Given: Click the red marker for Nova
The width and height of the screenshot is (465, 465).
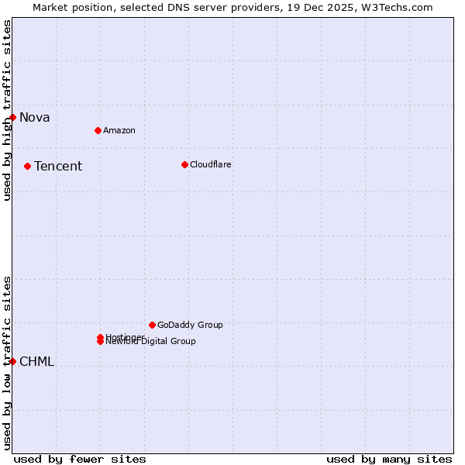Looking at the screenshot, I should pos(13,117).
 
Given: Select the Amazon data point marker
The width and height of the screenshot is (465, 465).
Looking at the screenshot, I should pos(98,130).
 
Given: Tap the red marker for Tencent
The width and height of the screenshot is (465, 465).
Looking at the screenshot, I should pos(28,166).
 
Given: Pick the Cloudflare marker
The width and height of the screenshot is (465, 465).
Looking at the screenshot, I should pos(184,164).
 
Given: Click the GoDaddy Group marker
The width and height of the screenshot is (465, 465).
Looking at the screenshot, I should pos(152,325).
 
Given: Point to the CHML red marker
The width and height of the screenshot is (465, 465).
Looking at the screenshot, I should pos(13,361).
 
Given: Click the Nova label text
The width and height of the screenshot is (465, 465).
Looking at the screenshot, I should pos(35,118).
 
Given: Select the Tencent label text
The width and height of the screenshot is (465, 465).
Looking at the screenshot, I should pos(58,167).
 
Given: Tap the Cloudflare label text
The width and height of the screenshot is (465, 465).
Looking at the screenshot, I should pos(211,164).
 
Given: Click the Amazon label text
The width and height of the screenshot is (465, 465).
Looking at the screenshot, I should pos(119,130).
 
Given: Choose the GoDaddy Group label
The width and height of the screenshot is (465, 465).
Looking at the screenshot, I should pos(190,325).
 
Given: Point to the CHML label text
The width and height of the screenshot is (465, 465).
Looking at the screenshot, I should pos(36,362).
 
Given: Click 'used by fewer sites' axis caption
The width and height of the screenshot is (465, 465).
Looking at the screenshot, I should pos(80,459).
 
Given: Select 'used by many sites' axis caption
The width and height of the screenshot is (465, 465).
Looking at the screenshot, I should pos(389,459).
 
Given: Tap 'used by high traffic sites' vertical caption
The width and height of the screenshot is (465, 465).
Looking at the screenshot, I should pos(7,110).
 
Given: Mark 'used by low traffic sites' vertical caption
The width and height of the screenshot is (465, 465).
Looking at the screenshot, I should pos(7,363).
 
